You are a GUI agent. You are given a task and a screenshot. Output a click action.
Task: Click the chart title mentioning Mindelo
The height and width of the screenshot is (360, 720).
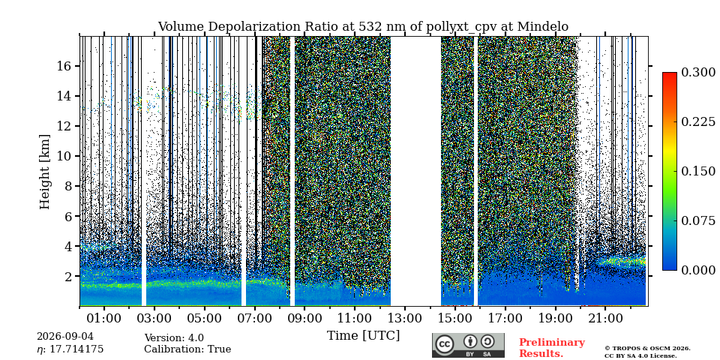click(363, 27)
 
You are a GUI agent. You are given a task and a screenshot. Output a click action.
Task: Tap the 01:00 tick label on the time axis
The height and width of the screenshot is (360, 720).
click(104, 318)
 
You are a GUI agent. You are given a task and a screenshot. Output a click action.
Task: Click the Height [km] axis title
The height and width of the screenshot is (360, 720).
click(44, 172)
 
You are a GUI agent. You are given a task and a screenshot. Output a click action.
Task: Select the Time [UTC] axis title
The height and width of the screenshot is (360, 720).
click(363, 335)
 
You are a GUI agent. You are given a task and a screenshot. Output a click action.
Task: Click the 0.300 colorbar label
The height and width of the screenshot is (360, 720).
click(698, 73)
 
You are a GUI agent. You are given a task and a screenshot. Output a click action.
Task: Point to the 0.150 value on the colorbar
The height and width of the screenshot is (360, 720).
click(698, 171)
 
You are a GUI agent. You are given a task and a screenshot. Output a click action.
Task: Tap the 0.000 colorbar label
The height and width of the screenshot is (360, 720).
click(698, 270)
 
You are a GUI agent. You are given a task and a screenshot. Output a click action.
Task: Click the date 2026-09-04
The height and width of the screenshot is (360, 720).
click(65, 337)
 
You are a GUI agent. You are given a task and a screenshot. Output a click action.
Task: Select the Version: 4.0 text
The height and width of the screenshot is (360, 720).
click(174, 338)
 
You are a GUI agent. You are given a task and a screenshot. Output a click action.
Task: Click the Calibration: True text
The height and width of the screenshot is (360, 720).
click(187, 349)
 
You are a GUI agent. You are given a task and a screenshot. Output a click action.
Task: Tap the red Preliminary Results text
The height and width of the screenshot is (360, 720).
click(552, 348)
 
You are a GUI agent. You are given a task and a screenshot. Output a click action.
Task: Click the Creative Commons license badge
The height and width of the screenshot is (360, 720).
click(468, 345)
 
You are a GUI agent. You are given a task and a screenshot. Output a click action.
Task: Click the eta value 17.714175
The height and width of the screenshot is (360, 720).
click(70, 349)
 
